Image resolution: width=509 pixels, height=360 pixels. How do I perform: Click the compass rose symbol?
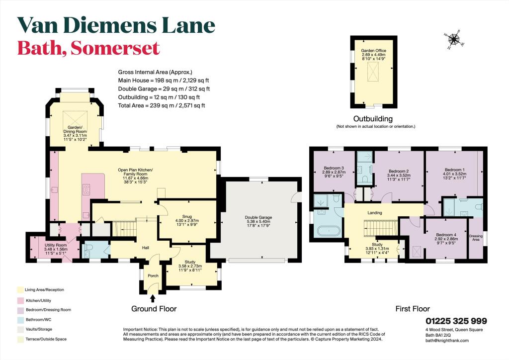pos(454,40)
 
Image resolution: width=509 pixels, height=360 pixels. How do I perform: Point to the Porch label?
pos(153,275)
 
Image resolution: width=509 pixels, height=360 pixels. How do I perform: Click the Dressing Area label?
pos(476,238)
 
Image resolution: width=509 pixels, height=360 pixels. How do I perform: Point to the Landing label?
pos(375,213)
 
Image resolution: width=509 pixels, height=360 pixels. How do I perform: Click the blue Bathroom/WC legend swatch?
pos(19,320)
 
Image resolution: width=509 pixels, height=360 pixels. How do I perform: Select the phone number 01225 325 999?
pos(456,321)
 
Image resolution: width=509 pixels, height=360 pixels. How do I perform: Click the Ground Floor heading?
pos(154,309)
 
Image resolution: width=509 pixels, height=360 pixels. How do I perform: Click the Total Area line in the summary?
pos(161,106)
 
